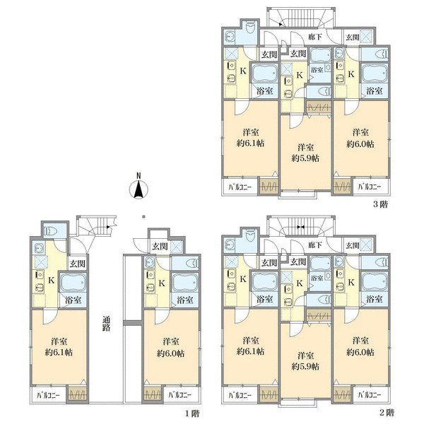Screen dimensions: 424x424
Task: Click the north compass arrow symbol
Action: tap(139, 189)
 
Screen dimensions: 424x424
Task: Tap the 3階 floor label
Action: tap(380, 204)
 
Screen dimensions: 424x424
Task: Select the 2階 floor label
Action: tap(387, 413)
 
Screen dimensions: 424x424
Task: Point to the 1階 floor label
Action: tap(192, 413)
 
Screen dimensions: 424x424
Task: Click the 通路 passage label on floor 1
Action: tap(106, 324)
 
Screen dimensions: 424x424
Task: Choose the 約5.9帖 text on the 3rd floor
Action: tap(305, 158)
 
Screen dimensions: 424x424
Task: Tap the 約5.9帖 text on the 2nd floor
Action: tap(305, 366)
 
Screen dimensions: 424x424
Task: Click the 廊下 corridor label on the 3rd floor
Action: tap(315, 37)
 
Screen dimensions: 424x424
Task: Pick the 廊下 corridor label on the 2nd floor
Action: tap(315, 245)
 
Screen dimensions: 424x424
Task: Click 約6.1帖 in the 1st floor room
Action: tap(59, 353)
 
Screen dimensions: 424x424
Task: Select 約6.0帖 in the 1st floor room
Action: tap(170, 353)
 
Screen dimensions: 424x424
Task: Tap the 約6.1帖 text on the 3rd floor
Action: tap(250, 143)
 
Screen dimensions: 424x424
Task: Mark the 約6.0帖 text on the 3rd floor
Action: tap(360, 144)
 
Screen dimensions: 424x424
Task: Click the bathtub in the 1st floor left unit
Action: tap(73, 282)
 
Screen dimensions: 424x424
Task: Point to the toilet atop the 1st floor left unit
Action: tap(55, 230)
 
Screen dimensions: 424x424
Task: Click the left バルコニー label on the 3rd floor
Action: tap(240, 187)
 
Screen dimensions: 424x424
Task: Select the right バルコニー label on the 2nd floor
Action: tap(370, 395)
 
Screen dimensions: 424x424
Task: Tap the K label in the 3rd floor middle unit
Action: tap(300, 75)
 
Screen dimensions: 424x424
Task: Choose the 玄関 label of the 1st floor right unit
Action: tap(160, 247)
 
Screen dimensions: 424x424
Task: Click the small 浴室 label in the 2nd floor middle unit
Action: tap(317, 278)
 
